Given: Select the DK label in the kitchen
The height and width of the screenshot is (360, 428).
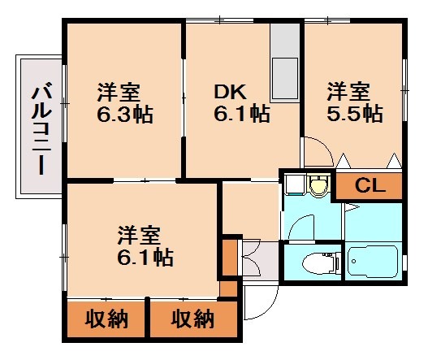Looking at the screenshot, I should (x=230, y=90).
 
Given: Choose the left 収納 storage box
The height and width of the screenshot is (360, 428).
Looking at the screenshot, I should (x=106, y=319).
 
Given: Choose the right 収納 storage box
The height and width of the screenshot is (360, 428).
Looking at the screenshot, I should (x=192, y=319).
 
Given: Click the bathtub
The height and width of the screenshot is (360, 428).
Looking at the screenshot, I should (x=374, y=262).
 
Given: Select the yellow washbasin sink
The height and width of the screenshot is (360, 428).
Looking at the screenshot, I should (x=318, y=186).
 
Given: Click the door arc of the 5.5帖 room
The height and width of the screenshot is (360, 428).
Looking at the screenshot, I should (x=318, y=153).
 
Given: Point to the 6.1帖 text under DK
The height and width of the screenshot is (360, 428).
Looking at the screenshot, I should (x=241, y=113).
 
